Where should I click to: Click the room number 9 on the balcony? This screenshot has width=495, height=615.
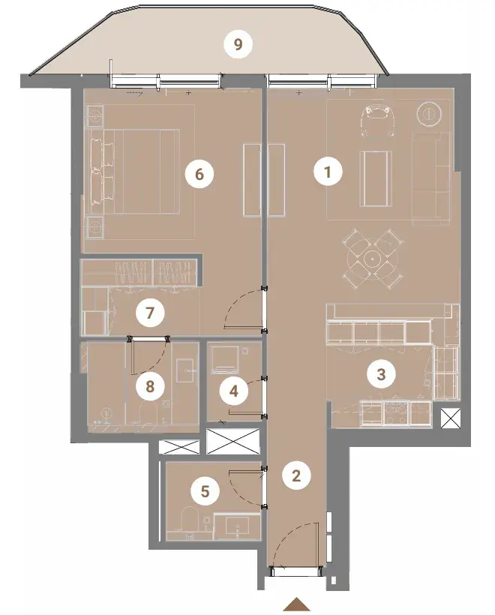[238, 44]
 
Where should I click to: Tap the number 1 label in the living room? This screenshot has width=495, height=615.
[328, 172]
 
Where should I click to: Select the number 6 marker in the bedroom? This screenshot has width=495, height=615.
[199, 173]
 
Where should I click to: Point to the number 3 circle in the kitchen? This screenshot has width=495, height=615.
[381, 373]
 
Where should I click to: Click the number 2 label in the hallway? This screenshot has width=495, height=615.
[296, 475]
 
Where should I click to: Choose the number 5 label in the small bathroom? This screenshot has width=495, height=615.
[205, 491]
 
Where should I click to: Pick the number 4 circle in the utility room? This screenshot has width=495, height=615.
[234, 391]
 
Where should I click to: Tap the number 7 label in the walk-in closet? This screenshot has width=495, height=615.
[149, 313]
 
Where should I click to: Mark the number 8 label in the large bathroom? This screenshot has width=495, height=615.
[150, 387]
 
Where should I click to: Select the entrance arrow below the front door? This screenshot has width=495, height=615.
[298, 604]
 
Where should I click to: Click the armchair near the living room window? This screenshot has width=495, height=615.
[377, 121]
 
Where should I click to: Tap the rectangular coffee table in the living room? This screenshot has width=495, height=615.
[376, 178]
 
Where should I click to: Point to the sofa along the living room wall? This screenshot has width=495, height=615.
[430, 178]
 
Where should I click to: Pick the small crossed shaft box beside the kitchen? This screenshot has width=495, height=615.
[449, 418]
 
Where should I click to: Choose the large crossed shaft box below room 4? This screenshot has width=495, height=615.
[233, 441]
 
